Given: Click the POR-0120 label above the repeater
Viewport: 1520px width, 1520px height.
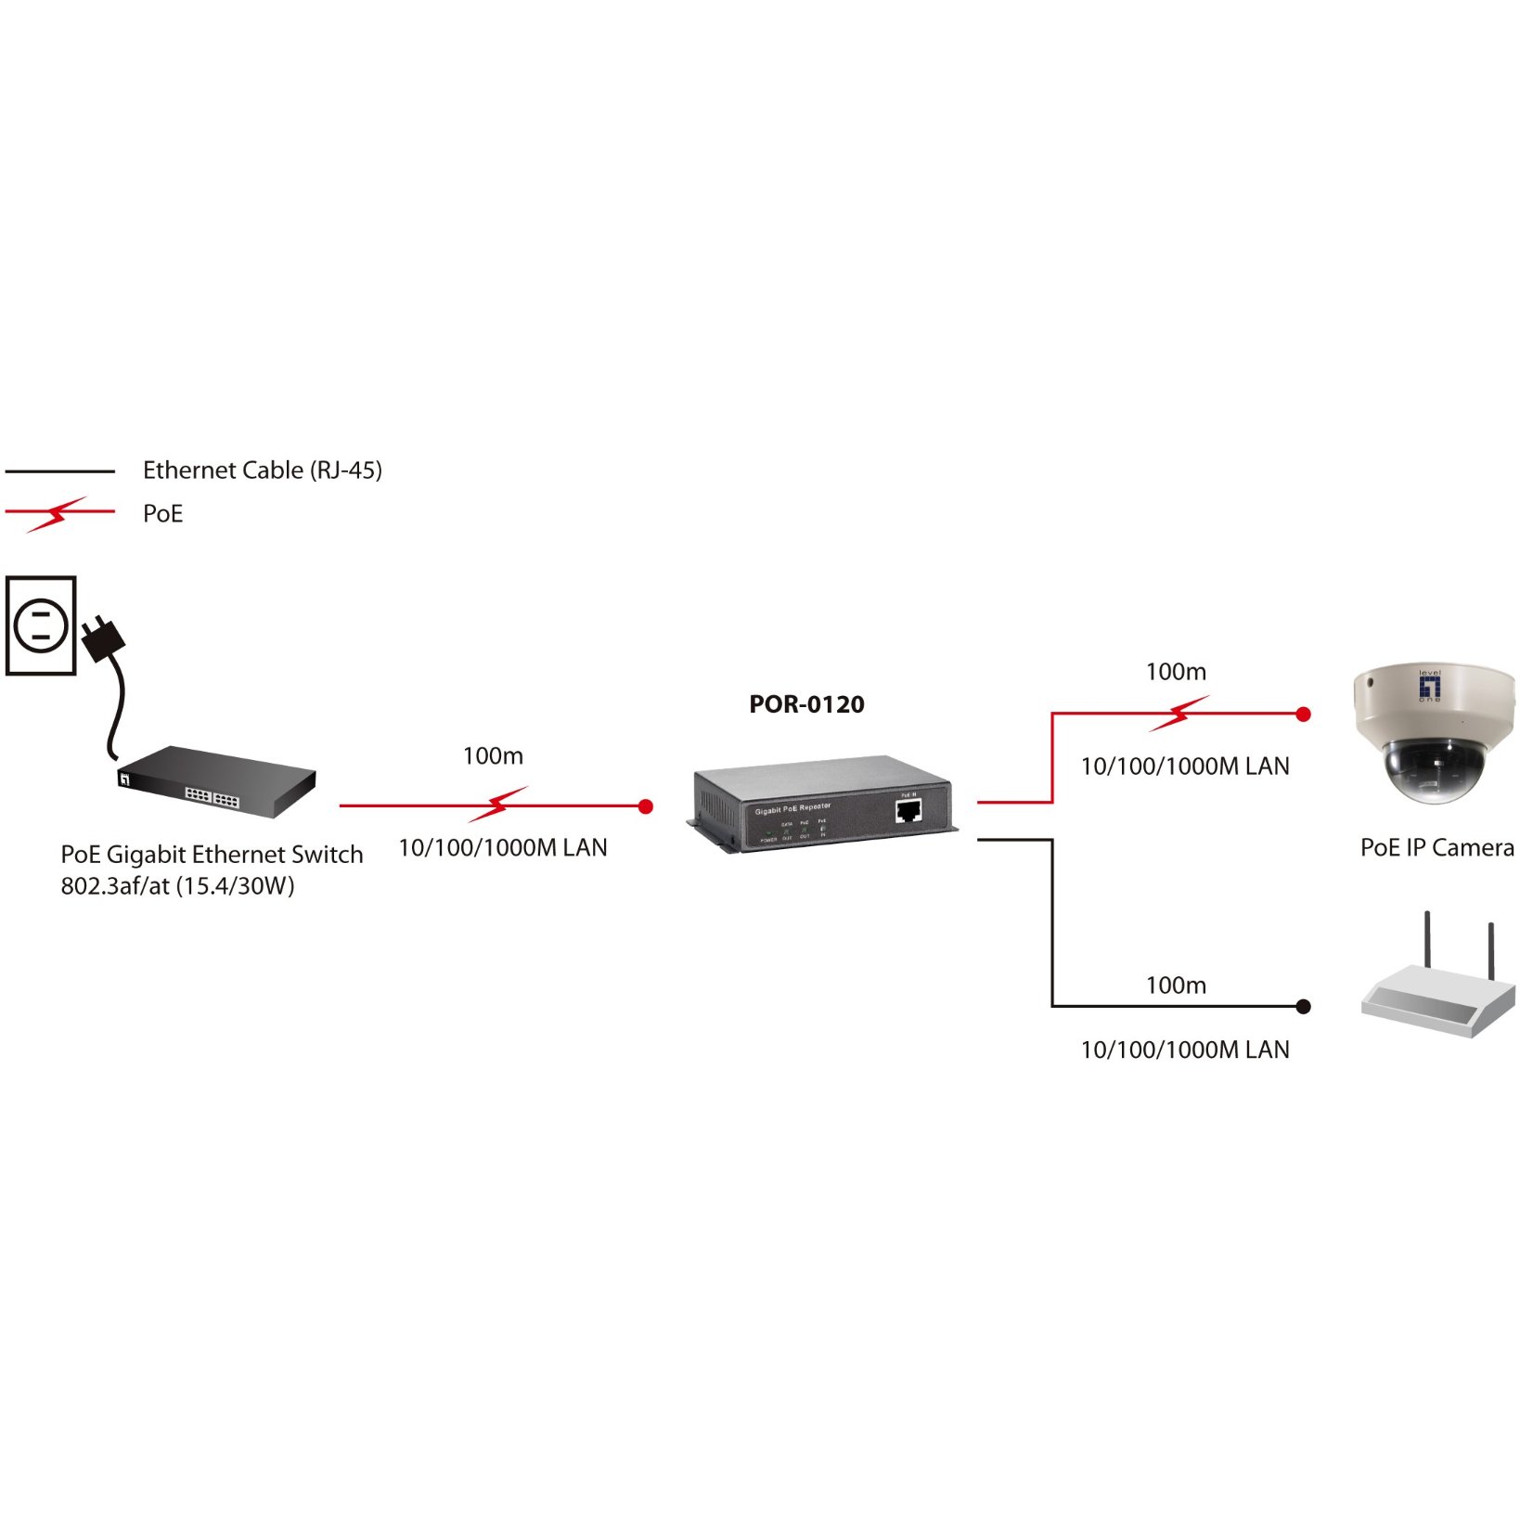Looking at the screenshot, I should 806,704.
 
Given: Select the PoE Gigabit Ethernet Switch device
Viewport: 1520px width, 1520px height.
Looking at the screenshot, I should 219,781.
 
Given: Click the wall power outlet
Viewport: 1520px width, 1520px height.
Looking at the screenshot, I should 41,625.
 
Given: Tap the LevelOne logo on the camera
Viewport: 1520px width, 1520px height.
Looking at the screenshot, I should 1430,686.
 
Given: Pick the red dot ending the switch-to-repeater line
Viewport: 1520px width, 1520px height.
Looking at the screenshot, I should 646,806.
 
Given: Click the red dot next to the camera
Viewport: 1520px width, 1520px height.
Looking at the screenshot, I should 1303,714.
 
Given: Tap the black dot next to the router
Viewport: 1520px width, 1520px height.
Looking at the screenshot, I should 1303,1006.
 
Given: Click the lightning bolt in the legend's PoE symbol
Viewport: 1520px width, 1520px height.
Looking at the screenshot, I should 58,513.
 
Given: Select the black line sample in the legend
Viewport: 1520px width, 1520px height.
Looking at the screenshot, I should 59,471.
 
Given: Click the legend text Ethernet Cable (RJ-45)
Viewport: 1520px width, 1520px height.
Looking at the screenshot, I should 262,470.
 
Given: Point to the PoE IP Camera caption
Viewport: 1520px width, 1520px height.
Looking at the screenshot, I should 1436,847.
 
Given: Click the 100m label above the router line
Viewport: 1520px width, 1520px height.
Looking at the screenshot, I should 1176,985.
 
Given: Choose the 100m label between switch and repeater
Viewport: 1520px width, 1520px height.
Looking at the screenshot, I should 493,755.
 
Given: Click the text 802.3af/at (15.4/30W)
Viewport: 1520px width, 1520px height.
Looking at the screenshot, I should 177,885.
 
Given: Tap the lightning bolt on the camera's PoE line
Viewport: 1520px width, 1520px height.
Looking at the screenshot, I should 1179,713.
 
